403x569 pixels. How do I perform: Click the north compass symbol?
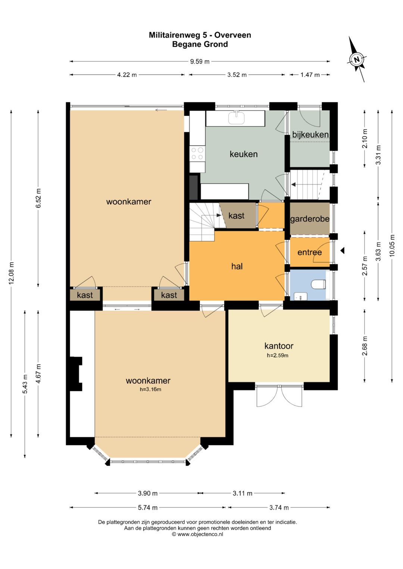pos(357,60)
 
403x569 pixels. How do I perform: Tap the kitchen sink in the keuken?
pos(236,118)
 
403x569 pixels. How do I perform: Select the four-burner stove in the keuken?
pos(197,154)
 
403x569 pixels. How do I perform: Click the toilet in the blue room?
pos(319,284)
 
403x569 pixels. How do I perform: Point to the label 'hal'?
pos(237,266)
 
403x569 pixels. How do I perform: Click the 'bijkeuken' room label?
pos(310,135)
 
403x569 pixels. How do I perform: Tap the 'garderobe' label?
pos(310,219)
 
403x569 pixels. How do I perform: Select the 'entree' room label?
pos(310,252)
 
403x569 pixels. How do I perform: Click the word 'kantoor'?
pos(279,346)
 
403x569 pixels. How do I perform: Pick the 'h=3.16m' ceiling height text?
pos(150,389)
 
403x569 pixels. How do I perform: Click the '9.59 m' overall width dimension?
pos(200,61)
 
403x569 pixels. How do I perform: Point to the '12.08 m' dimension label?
pos(12,273)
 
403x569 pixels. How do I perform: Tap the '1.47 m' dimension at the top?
pos(310,75)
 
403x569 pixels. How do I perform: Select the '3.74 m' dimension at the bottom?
pos(279,508)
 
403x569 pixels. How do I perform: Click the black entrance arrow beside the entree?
pos(343,251)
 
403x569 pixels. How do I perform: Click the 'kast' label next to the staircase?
pos(236,216)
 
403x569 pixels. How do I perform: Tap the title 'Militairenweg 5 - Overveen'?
pos(200,35)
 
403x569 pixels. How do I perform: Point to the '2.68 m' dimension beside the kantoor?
pos(365,346)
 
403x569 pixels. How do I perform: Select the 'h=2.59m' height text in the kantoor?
pos(278,355)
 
